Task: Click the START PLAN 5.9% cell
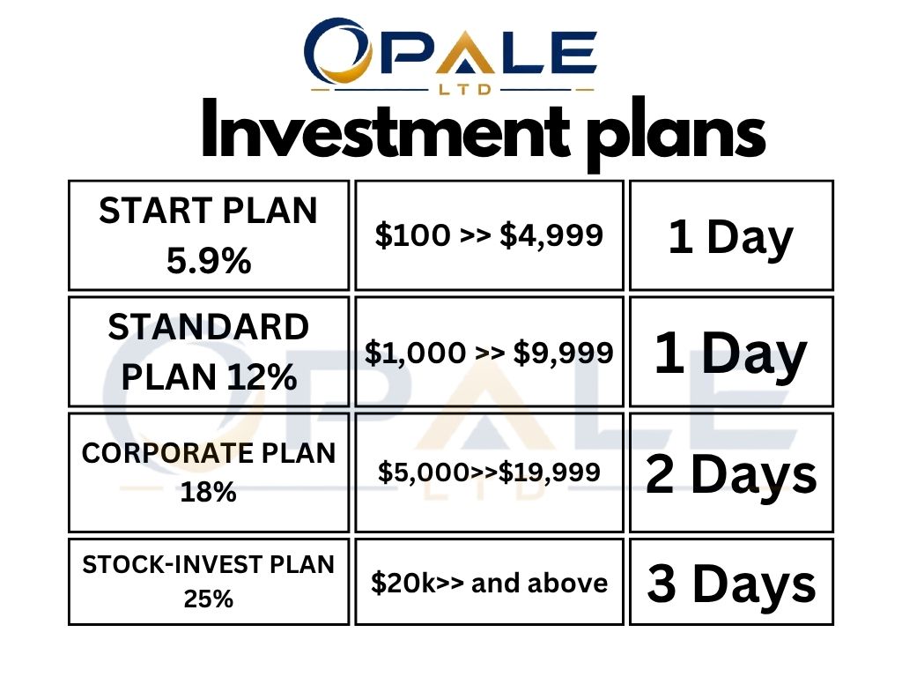(209, 234)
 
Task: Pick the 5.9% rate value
(209, 261)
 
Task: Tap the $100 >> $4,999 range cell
(489, 234)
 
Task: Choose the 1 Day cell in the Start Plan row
(731, 234)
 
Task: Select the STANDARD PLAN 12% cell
(209, 352)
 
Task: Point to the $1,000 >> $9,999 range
(489, 353)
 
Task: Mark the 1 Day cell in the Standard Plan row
(731, 352)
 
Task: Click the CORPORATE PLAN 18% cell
(209, 472)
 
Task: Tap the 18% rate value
(208, 492)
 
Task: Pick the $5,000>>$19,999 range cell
(489, 472)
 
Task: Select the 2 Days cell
(731, 472)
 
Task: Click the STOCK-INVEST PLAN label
(208, 564)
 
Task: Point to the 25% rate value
(208, 599)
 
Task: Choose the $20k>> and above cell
(489, 582)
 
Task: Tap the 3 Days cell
(731, 582)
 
